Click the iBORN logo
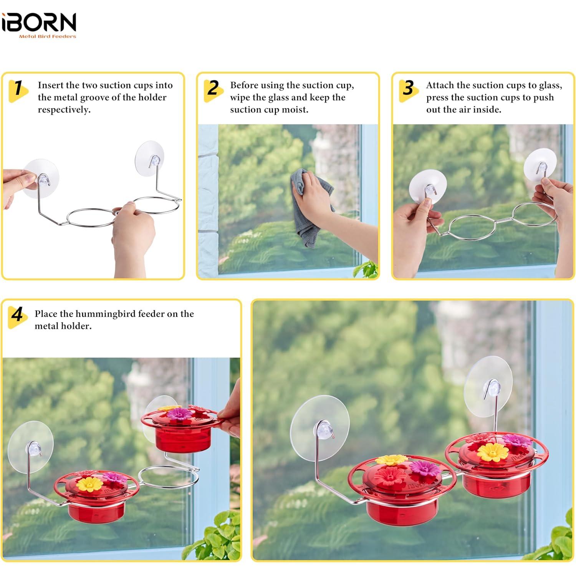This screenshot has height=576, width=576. pyautogui.click(x=39, y=23)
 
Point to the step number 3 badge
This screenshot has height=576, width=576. pyautogui.click(x=409, y=89)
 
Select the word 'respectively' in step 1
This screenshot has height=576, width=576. pyautogui.click(x=64, y=110)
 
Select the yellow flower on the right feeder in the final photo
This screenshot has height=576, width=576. pyautogui.click(x=492, y=452)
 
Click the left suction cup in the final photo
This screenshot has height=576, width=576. pyautogui.click(x=319, y=428)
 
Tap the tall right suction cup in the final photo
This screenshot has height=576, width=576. pyautogui.click(x=488, y=386)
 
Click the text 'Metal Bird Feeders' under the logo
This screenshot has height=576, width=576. pyautogui.click(x=48, y=36)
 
